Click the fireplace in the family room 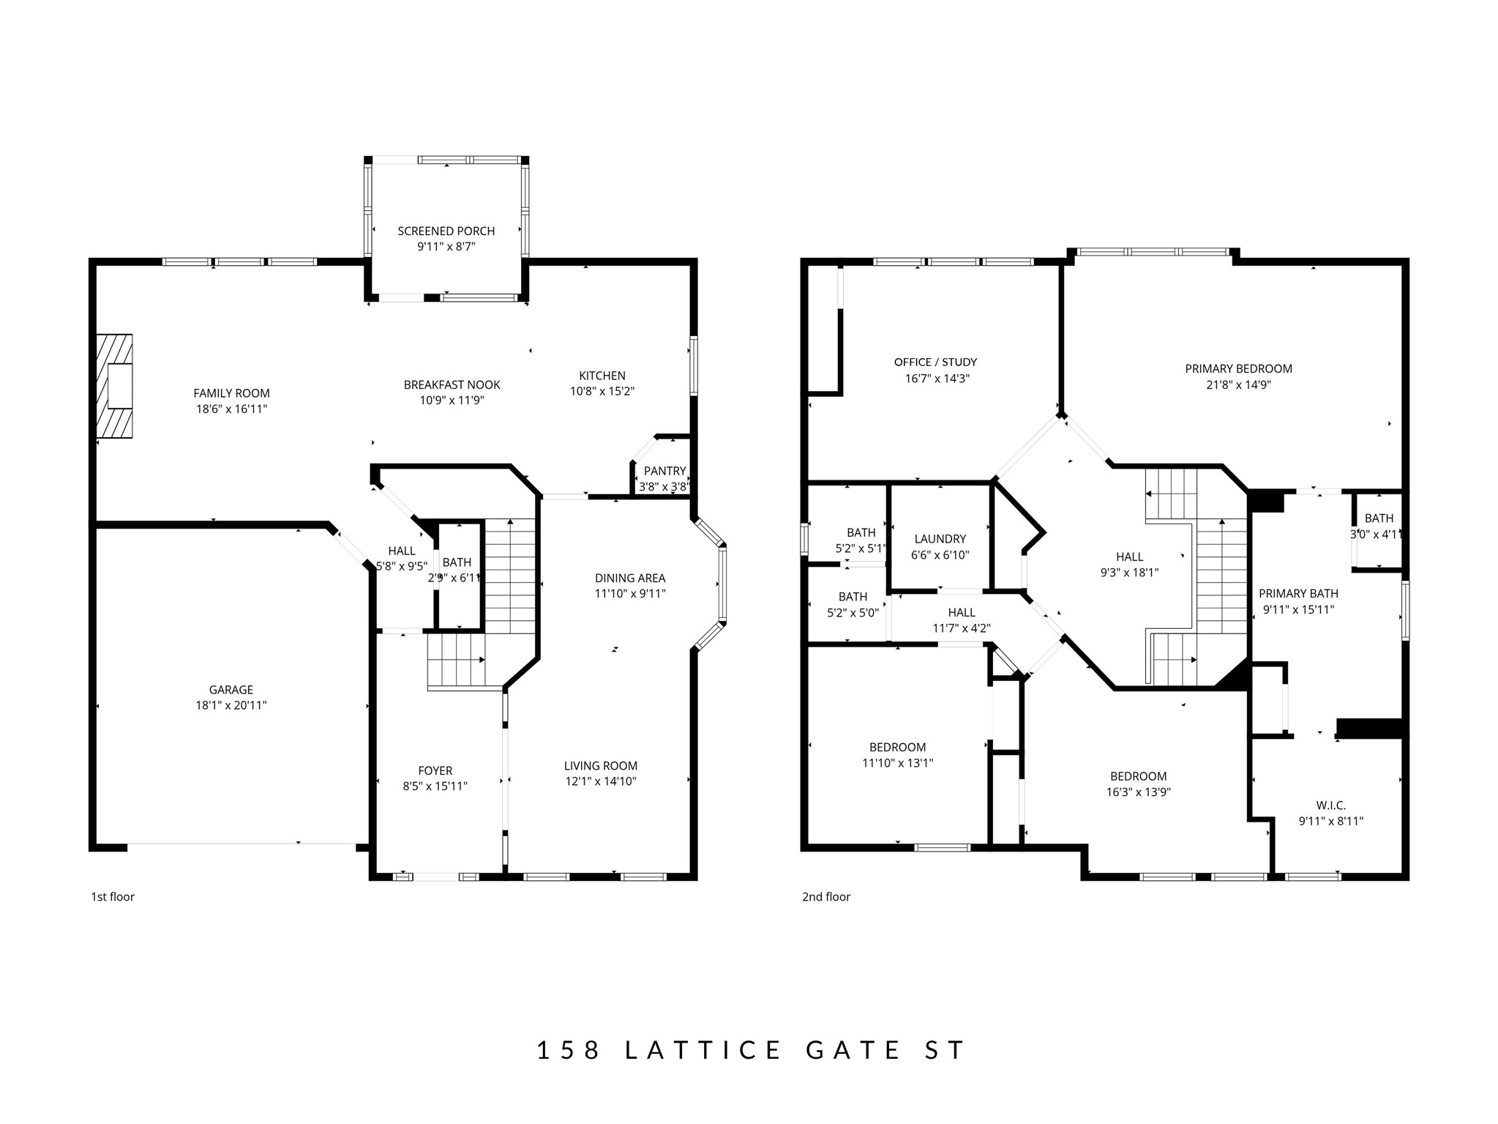click(115, 386)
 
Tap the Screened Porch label click(446, 231)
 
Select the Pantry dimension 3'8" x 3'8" click(664, 486)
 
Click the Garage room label click(231, 689)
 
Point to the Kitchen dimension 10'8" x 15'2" click(602, 391)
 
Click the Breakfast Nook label click(452, 384)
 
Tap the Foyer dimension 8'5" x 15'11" click(435, 786)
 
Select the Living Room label click(600, 765)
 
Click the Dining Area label click(629, 578)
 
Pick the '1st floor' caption click(113, 896)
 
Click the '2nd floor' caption click(825, 896)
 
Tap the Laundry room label click(940, 539)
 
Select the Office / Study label click(935, 362)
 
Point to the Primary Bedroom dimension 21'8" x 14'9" click(1238, 384)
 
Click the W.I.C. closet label click(1330, 805)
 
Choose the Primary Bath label click(1298, 593)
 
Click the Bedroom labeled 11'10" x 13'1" click(897, 747)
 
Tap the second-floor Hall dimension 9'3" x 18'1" click(1129, 573)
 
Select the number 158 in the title click(568, 1050)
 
